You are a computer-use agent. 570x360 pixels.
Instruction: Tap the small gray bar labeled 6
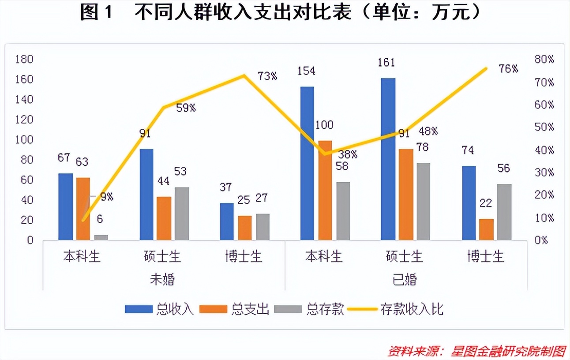101,237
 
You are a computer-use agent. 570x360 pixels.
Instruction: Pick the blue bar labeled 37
226,221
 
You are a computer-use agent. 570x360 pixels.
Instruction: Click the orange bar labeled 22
487,229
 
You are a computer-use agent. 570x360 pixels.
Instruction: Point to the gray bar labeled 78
423,201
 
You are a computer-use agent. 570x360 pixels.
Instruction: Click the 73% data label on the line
267,76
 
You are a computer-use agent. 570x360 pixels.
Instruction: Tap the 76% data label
508,69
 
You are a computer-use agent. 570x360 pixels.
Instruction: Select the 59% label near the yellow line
185,108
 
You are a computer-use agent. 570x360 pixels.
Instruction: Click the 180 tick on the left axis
24,60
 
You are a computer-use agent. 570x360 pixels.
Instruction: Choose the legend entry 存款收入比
411,309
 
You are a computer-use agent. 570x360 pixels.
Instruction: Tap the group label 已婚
404,280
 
